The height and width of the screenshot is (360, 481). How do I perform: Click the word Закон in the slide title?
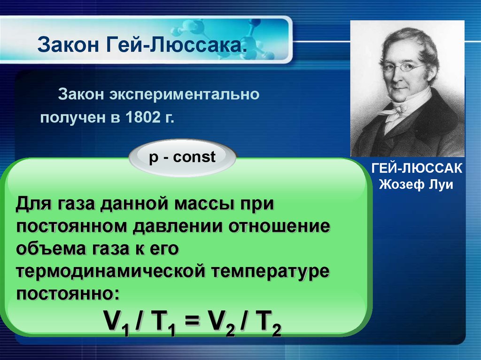(x=69, y=45)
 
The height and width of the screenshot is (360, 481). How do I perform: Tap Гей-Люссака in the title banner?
(x=177, y=45)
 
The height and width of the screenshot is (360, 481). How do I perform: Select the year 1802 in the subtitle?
(x=143, y=117)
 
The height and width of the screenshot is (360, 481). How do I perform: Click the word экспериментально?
(x=185, y=94)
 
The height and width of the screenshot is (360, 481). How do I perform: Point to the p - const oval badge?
(x=183, y=158)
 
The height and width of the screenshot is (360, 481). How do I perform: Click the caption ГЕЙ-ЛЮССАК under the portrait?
(x=417, y=169)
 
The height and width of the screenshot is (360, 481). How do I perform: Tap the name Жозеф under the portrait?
(x=400, y=184)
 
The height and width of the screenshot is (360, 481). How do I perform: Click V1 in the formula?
(x=116, y=322)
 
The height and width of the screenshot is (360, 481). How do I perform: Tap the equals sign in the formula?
(x=192, y=321)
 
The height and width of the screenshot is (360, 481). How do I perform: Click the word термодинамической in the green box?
(x=110, y=271)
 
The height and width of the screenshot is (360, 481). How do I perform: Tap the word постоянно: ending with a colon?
(x=68, y=293)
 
